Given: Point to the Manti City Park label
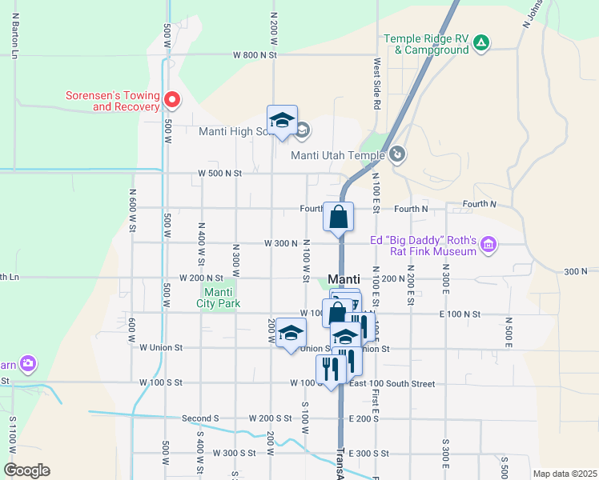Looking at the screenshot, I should tap(219, 298).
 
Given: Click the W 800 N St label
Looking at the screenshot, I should tap(255, 55).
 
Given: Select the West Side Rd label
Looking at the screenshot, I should tap(376, 84).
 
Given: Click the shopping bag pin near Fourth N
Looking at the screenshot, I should tap(339, 216).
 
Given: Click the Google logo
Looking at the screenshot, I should tap(26, 470).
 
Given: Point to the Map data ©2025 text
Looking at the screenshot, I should tap(565, 474).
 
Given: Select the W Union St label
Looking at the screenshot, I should tap(161, 348).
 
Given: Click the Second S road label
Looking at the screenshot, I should tap(200, 418).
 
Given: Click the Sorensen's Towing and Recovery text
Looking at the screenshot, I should tap(112, 101).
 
